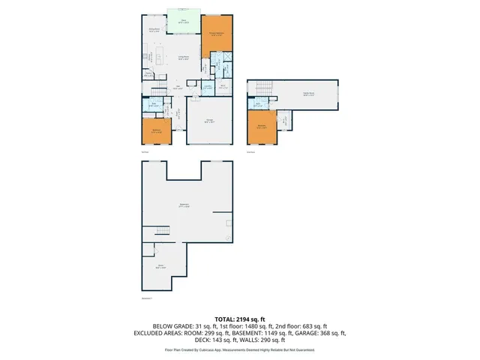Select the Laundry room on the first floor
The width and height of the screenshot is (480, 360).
coord(207,87)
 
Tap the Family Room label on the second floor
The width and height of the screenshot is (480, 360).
coord(307,94)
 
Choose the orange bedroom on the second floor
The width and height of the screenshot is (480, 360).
coord(261,127)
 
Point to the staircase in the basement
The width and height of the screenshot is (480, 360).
coord(161,230)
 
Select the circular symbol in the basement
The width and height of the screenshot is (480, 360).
coord(228,239)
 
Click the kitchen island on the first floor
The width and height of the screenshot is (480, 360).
coord(151,56)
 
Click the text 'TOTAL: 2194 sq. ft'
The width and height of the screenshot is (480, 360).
coord(239,319)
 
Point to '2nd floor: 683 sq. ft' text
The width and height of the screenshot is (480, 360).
coord(300,325)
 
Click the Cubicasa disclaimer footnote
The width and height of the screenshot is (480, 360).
coord(239,349)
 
